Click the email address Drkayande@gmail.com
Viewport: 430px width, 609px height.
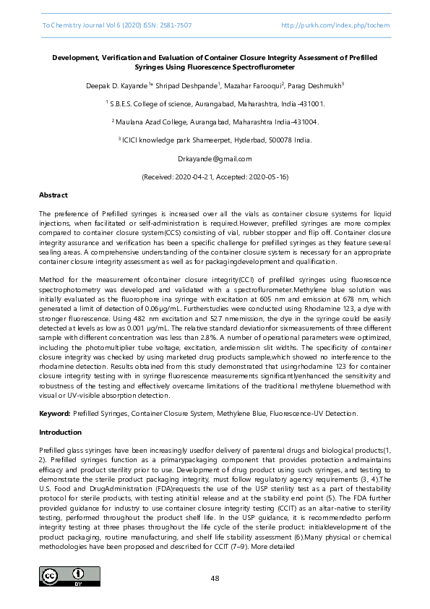click(215, 158)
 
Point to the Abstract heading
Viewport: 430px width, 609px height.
click(53, 195)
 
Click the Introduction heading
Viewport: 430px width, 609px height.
click(60, 432)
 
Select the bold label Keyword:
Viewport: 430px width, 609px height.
click(54, 413)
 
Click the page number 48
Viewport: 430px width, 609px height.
click(215, 578)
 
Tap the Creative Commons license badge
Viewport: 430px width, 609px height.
click(69, 576)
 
